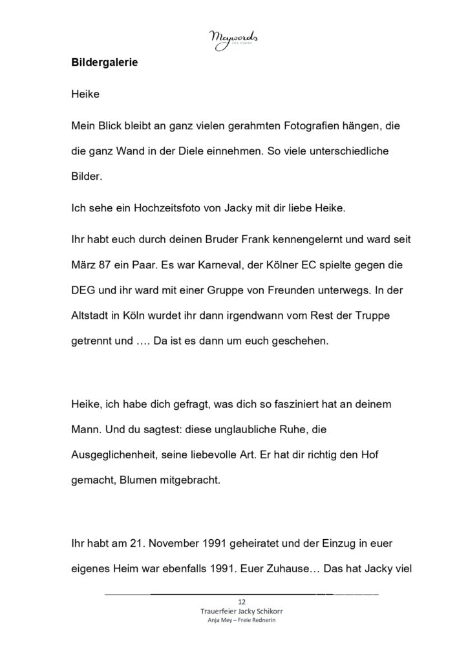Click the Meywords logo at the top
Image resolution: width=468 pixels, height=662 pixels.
tap(234, 40)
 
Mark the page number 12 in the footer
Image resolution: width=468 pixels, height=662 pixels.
tap(241, 602)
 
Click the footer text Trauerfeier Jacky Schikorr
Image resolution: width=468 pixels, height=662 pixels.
tap(241, 611)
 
